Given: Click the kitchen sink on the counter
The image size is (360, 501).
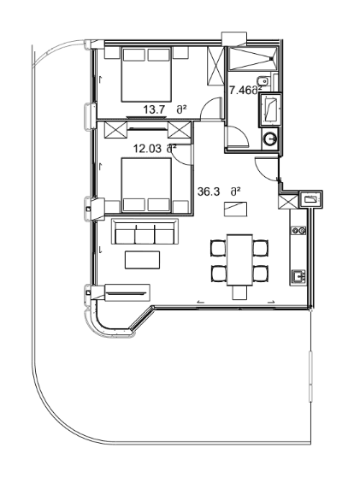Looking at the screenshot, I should tap(298, 276).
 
